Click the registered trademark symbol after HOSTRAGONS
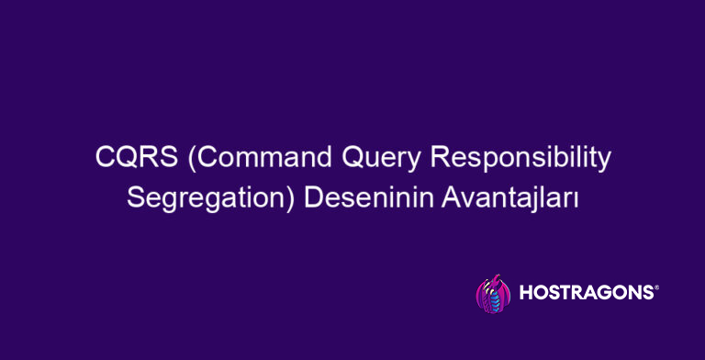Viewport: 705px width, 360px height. [x=655, y=287]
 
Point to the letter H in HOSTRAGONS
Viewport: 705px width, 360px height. [x=526, y=294]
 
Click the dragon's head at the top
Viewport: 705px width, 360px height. [x=492, y=278]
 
